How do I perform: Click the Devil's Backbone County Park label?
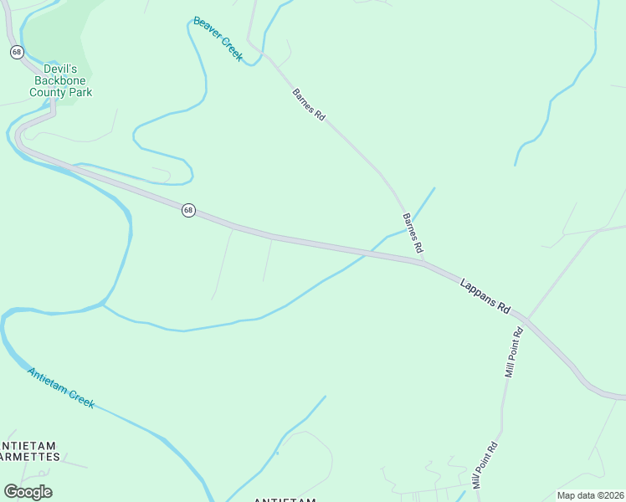tap(60, 80)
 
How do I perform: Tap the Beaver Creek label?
tap(217, 38)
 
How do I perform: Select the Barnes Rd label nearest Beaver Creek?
tap(308, 105)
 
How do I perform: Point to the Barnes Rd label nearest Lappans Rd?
tap(413, 233)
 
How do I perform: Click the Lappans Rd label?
tap(485, 295)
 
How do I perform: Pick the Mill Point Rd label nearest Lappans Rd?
tap(514, 351)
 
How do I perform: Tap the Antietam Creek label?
tap(60, 387)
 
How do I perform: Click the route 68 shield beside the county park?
tap(17, 52)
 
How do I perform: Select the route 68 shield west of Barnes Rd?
tap(188, 210)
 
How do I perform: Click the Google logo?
tap(28, 492)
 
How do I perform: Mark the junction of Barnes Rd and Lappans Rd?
tap(423, 263)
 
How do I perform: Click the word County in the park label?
tap(47, 92)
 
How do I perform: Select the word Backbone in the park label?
tap(60, 80)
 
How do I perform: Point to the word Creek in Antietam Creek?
tap(81, 399)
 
